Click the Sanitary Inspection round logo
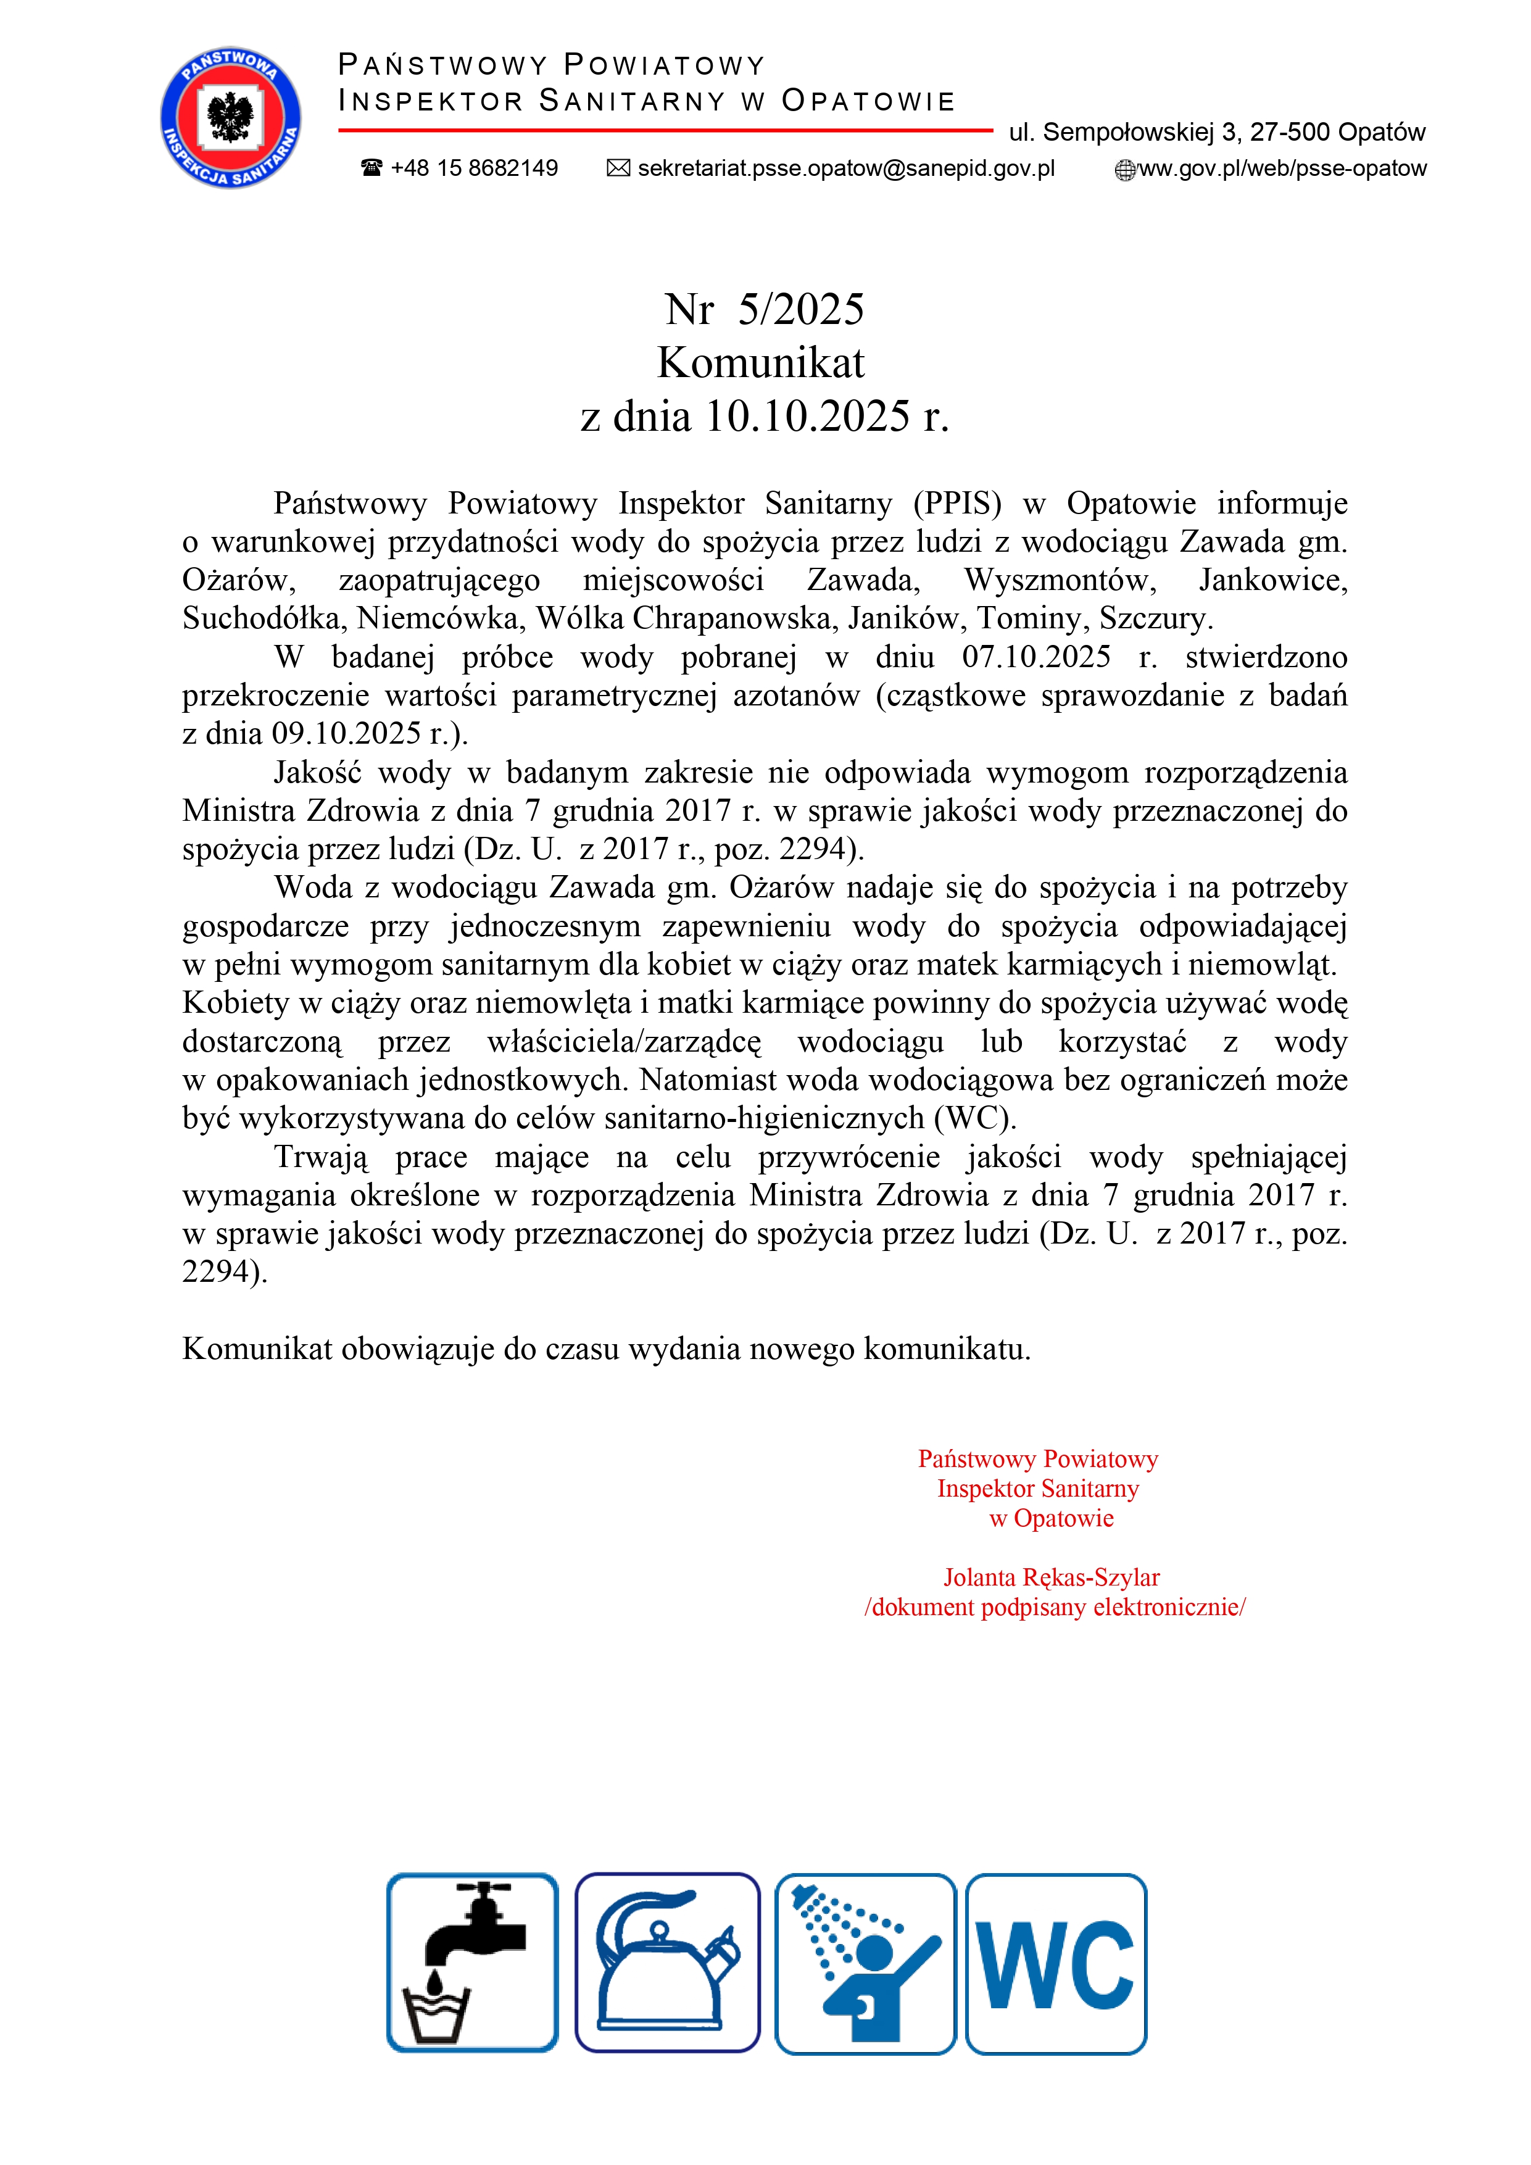231,118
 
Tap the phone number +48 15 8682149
473,168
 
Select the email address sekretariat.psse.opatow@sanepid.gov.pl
845,168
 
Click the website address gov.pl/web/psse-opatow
1282,168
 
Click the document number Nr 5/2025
763,309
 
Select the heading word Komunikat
761,362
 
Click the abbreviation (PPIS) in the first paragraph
957,504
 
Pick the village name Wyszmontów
1060,580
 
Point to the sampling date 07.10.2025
1036,657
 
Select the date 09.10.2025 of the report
346,734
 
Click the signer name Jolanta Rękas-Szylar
1051,1577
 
